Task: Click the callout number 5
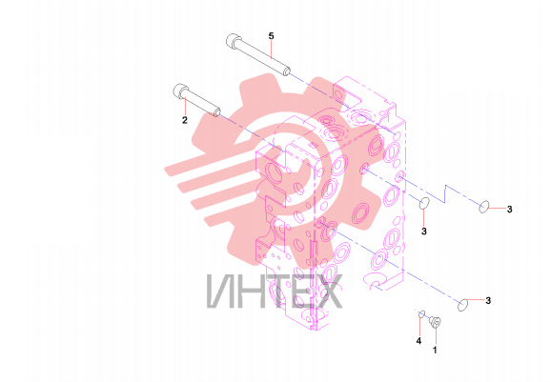coord(271,36)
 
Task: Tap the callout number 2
coord(185,120)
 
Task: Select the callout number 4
coord(418,341)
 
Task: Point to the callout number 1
coord(435,350)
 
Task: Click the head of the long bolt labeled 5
coord(233,40)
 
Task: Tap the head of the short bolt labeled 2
coord(180,90)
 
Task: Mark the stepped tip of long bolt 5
coord(286,70)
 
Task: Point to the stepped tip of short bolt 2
coord(216,111)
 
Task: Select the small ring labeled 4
coord(422,313)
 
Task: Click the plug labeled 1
coord(436,322)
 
